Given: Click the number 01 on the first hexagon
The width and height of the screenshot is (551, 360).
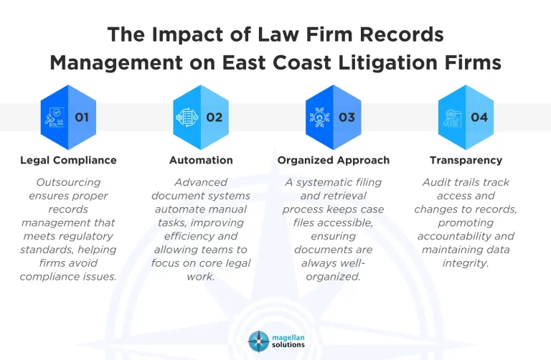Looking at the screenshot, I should click(82, 117).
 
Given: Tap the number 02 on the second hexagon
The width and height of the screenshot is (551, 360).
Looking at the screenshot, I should click(215, 117).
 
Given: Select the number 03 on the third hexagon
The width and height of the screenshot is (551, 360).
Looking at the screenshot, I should click(347, 117).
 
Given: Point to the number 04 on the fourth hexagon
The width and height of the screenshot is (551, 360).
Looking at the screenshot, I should click(479, 117).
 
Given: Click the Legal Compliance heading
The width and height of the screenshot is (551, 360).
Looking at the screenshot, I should click(68, 160).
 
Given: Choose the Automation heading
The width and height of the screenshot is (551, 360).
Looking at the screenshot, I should click(201, 160).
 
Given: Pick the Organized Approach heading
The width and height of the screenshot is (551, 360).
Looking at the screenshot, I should click(334, 160).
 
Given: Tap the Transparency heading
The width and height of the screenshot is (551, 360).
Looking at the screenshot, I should click(466, 160).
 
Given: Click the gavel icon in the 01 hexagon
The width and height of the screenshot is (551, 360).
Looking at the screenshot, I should click(55, 117).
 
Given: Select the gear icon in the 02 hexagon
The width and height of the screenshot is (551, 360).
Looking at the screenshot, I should click(187, 117).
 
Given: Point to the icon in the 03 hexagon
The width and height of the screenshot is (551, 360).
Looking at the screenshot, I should click(320, 117).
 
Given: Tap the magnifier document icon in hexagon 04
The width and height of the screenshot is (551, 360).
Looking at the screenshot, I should click(453, 117).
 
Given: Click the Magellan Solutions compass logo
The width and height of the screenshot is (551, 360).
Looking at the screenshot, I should click(258, 341).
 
